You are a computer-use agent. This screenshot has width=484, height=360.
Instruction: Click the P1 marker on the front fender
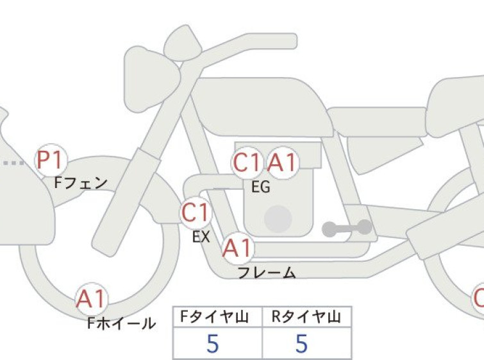(51, 160)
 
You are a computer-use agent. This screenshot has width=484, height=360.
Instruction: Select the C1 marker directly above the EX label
(196, 213)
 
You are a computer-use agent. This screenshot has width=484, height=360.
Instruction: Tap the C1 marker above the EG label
(247, 162)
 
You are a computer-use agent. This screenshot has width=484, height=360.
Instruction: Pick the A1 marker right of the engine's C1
(282, 162)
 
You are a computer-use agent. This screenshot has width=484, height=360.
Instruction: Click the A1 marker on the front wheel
(92, 299)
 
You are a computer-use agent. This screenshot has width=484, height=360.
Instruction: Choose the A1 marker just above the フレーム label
(238, 248)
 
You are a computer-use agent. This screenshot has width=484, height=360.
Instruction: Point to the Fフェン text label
(81, 183)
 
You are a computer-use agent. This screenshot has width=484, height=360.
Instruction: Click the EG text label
(261, 187)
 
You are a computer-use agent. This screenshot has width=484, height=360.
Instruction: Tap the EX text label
(201, 237)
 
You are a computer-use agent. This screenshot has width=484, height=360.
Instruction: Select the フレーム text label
(267, 273)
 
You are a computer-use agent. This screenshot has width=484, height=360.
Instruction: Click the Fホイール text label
(122, 323)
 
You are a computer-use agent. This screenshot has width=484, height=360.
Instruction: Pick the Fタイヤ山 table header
(214, 317)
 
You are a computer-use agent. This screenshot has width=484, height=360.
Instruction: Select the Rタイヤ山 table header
(306, 317)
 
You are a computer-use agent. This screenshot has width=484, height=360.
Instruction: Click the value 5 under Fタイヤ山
(213, 343)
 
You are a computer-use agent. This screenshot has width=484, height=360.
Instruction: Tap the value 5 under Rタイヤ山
(302, 343)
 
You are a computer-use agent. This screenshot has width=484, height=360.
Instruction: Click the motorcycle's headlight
(151, 79)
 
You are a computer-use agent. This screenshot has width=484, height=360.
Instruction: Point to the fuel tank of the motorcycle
(262, 107)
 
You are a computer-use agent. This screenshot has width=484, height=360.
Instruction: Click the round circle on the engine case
(278, 219)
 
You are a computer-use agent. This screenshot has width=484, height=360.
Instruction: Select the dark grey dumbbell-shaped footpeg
(347, 228)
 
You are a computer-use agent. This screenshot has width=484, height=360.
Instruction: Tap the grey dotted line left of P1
(13, 163)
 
